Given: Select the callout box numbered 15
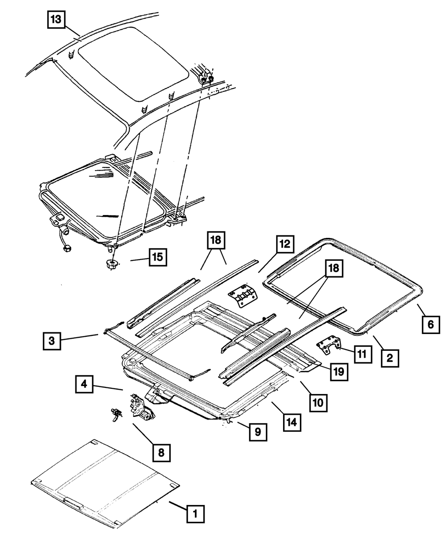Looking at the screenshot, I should [157, 258].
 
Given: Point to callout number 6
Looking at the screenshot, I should [430, 325].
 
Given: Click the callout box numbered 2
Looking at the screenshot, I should [390, 358].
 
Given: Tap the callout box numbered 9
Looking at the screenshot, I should [258, 433].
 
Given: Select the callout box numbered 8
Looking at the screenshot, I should [161, 452].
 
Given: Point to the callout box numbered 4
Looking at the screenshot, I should [84, 383].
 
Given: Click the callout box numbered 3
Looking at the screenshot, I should [52, 342].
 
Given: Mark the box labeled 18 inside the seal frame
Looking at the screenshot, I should [334, 268].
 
